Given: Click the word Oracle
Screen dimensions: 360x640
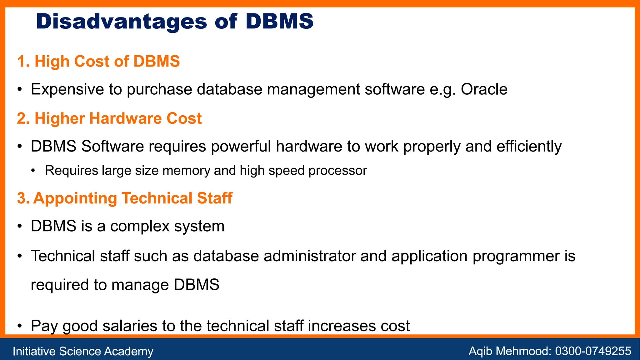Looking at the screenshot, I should tap(484, 89).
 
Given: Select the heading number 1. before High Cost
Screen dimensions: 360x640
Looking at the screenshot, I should tap(24, 61).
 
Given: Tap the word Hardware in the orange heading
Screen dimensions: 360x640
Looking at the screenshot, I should tap(126, 118).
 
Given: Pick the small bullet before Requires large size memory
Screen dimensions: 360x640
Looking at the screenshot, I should tap(33, 171).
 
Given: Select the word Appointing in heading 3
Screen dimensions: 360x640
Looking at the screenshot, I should tap(75, 198).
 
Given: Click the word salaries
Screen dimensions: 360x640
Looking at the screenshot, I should tap(130, 326).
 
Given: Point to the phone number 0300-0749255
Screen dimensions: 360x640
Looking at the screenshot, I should tap(593, 351).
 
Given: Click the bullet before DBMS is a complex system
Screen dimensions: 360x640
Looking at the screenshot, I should tap(20, 226).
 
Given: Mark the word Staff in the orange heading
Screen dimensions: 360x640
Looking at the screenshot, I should tap(214, 198).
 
